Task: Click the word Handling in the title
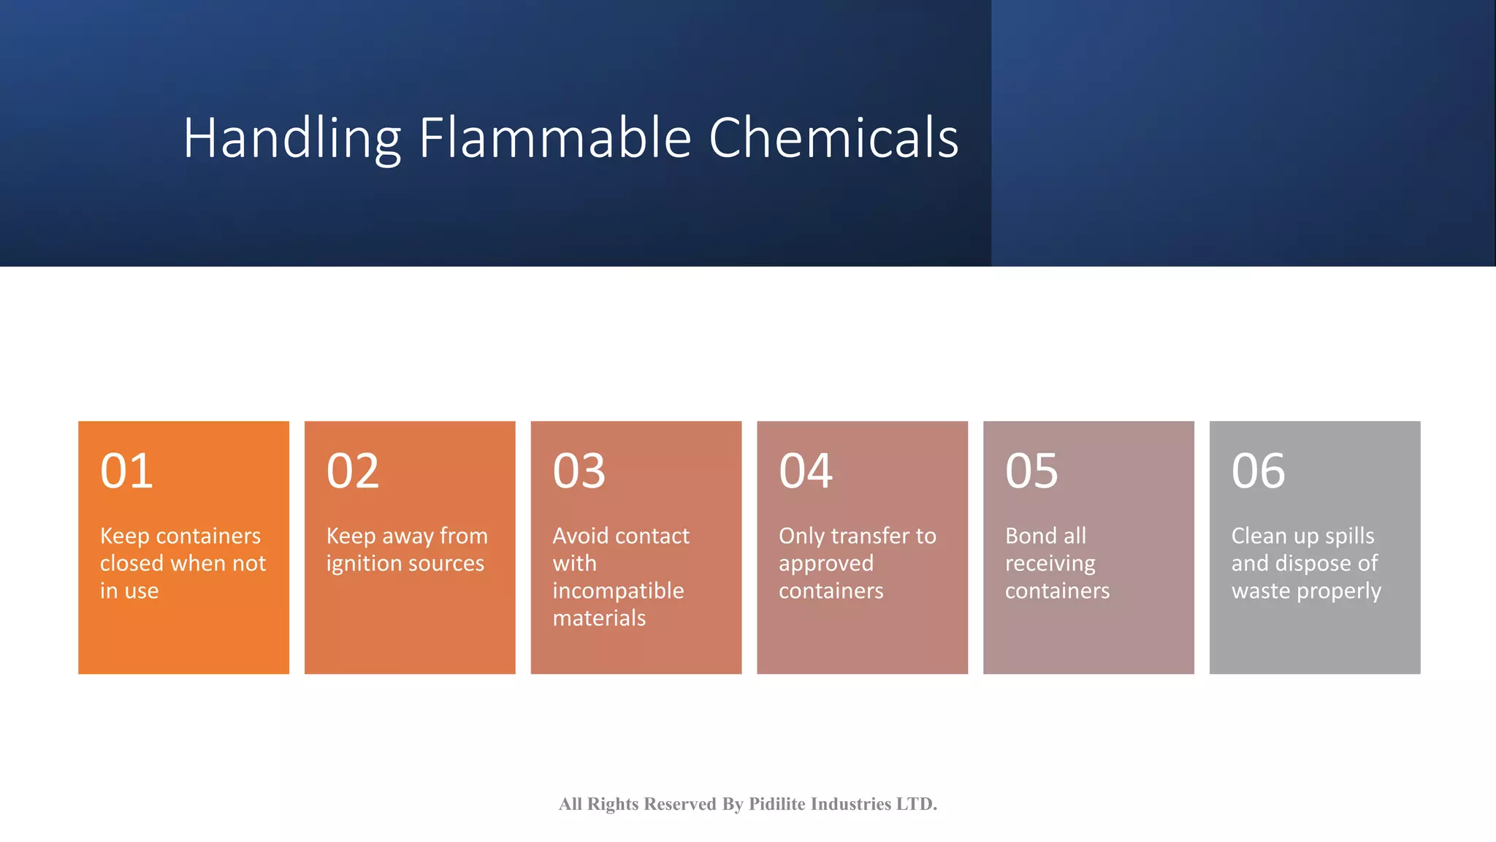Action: tap(292, 138)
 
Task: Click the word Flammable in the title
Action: tap(554, 138)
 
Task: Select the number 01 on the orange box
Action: tap(126, 471)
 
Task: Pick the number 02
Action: tap(353, 471)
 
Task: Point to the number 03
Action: tap(579, 471)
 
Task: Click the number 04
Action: tap(806, 471)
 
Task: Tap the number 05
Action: tap(1031, 471)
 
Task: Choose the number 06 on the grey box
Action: tap(1258, 471)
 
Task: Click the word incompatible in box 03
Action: tap(618, 591)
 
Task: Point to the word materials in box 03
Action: tap(599, 618)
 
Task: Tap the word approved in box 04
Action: tap(825, 564)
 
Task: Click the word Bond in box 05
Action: tap(1030, 536)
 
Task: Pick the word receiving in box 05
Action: tap(1050, 564)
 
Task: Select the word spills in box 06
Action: tap(1349, 536)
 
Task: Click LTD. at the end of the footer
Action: tap(916, 804)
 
